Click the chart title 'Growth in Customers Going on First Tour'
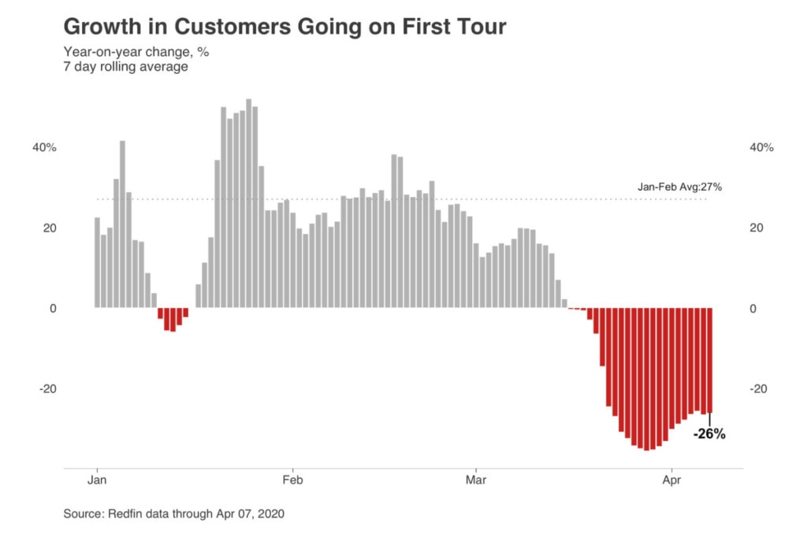[284, 28]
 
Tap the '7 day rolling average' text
[125, 67]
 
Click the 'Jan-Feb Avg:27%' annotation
[679, 187]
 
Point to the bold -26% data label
[708, 433]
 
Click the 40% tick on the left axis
[44, 147]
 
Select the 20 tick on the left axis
[50, 228]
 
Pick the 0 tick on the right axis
[753, 309]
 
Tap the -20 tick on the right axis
[758, 389]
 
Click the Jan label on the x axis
[97, 479]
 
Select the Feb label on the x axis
[292, 479]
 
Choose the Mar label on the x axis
[476, 479]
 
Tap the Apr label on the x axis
[671, 479]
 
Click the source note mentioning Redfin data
[173, 514]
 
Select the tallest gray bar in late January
[249, 203]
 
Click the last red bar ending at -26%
[710, 360]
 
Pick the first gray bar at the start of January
[97, 262]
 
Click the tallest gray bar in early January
[123, 224]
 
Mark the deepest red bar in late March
[646, 379]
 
